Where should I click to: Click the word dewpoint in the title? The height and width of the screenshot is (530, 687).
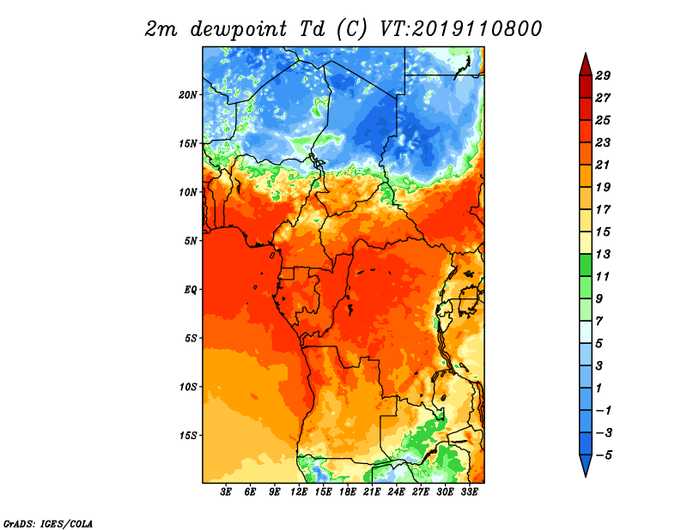(239, 29)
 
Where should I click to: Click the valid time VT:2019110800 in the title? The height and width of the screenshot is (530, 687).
(461, 29)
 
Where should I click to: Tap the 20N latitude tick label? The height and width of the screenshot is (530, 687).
(188, 94)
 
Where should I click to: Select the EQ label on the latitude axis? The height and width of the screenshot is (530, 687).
(191, 289)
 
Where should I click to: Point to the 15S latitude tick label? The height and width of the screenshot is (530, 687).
(188, 435)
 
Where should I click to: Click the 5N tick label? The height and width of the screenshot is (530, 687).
(191, 240)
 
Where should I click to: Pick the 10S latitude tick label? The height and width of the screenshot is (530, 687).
(188, 387)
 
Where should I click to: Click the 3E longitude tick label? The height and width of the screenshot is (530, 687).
(226, 491)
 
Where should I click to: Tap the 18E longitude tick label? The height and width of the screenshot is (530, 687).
(348, 491)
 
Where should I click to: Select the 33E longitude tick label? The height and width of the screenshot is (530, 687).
(469, 491)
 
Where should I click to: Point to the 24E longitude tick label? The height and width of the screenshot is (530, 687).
(396, 491)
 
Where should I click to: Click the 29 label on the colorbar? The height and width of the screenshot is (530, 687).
(603, 75)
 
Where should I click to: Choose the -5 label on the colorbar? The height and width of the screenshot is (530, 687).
(604, 455)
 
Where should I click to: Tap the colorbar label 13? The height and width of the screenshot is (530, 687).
(603, 254)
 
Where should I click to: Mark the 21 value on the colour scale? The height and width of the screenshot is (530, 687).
(603, 165)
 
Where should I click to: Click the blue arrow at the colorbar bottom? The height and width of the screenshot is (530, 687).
(586, 464)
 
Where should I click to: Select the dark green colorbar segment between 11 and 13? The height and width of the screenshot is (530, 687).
(586, 265)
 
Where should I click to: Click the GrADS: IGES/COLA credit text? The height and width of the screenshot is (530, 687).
(48, 523)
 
